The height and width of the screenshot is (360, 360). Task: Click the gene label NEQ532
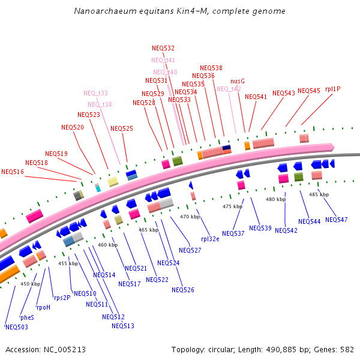(x=163, y=48)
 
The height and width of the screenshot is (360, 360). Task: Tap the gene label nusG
(x=238, y=81)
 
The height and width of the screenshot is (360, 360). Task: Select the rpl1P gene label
(x=333, y=89)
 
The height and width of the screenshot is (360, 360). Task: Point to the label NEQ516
(x=13, y=172)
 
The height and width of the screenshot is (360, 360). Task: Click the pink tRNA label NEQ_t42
(x=229, y=89)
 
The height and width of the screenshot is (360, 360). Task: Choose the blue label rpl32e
(x=210, y=238)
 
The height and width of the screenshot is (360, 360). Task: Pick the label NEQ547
(x=336, y=220)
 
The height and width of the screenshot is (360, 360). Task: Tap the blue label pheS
(x=28, y=317)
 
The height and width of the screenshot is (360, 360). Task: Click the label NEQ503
(x=16, y=327)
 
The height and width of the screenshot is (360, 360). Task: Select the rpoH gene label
(x=43, y=307)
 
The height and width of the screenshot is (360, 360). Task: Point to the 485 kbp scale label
(x=319, y=194)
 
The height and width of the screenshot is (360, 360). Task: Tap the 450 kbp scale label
(x=29, y=284)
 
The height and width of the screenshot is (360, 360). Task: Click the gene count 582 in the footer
(x=347, y=349)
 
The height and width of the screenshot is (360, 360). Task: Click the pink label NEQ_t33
(x=95, y=93)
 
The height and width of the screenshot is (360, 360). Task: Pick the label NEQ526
(x=183, y=290)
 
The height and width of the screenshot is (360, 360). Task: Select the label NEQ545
(x=308, y=91)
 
